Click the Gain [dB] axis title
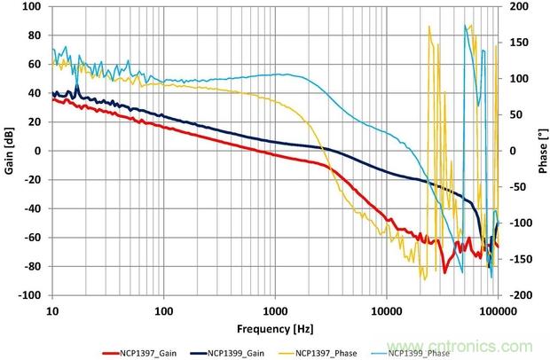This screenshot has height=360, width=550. [x=9, y=151]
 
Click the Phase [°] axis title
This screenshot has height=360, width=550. [x=541, y=151]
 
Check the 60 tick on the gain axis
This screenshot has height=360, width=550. [x=36, y=64]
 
